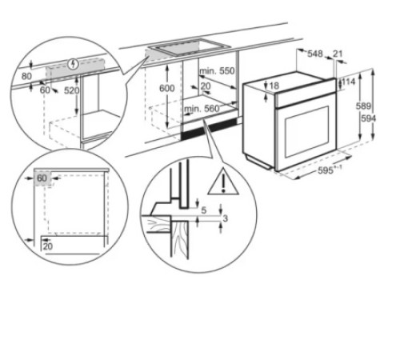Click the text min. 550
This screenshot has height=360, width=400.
218,71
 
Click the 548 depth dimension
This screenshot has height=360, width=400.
314,54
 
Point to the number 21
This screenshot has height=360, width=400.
338,54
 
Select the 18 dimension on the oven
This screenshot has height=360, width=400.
274,86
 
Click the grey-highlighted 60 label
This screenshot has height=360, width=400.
42,177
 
